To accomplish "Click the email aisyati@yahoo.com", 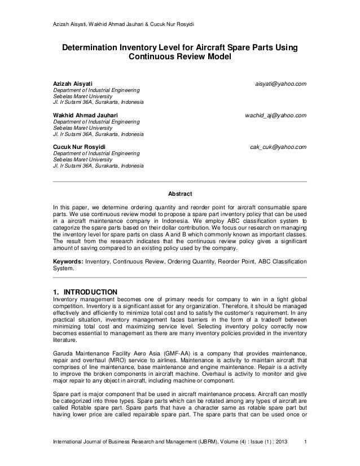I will point(280,84).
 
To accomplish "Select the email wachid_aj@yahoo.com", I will point(275,115).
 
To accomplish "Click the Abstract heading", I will point(179,193).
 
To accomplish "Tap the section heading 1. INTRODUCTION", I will point(85,292).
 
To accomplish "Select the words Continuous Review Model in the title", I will point(179,58).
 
